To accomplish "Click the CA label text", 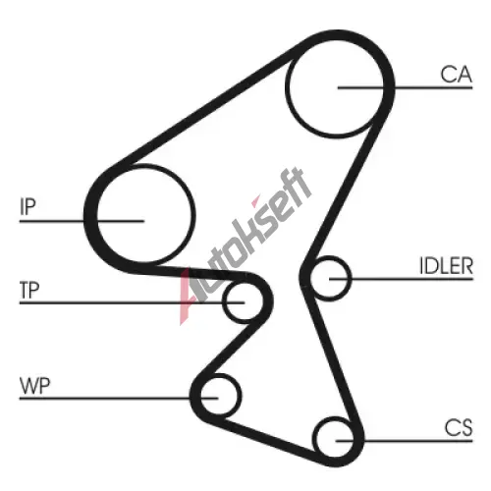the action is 456,75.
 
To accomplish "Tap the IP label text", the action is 27,206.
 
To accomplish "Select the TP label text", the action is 29,290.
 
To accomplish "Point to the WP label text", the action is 35,386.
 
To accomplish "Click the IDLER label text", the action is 447,266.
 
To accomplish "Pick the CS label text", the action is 459,427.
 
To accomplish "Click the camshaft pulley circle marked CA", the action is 334,38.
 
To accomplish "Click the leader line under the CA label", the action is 406,87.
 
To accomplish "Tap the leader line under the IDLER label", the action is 402,279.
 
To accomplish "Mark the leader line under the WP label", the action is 119,399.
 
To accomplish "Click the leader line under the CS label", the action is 405,441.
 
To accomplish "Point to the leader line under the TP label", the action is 133,303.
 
